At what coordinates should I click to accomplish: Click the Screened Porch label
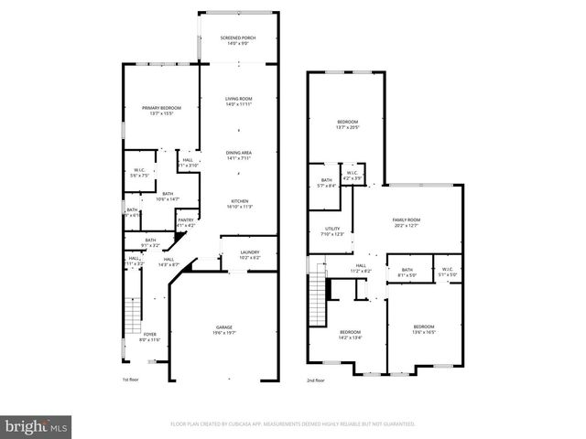tap(238, 37)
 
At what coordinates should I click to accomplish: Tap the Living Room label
tap(238, 99)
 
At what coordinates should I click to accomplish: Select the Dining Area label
tap(238, 153)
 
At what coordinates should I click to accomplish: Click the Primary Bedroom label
tap(161, 108)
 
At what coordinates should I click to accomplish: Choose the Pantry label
tap(186, 219)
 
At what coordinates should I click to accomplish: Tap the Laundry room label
tap(250, 252)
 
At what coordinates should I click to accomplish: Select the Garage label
tap(224, 327)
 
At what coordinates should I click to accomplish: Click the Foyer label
tap(149, 335)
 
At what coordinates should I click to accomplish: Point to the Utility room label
tap(332, 229)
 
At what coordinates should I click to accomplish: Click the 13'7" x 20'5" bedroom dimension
tap(348, 127)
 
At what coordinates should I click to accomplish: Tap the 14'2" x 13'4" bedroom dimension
tap(350, 337)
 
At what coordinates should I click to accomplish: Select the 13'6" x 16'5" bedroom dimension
tap(423, 331)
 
